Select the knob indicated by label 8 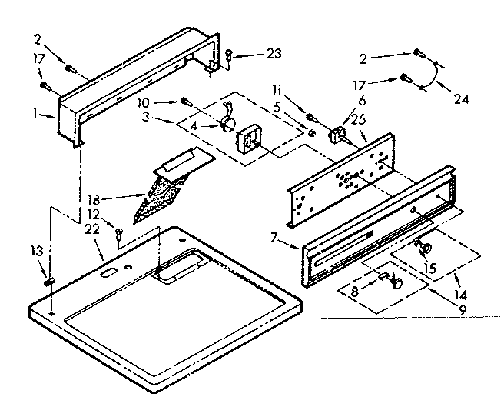(396, 283)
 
